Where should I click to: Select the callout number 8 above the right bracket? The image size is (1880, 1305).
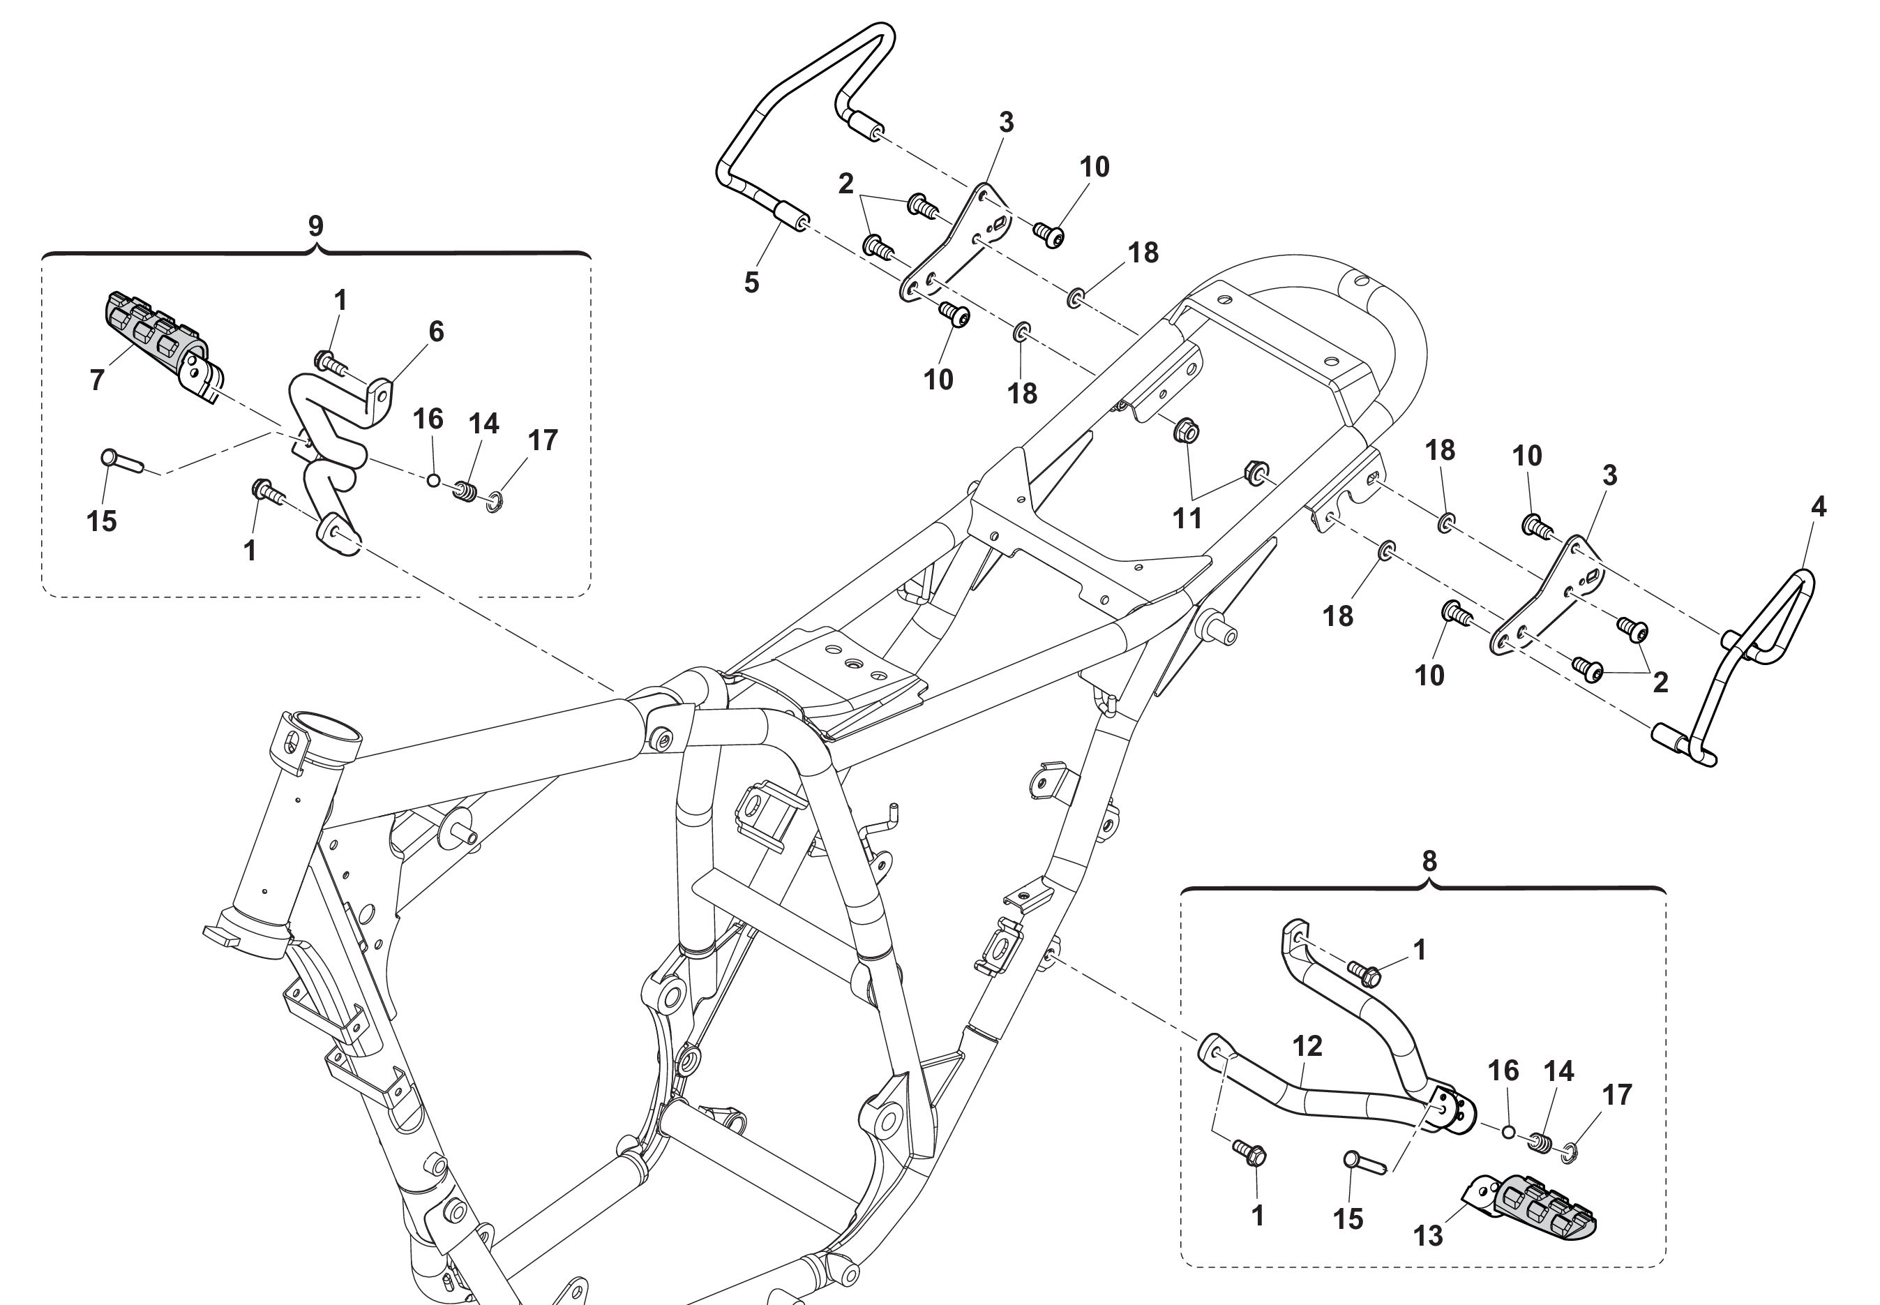click(1428, 861)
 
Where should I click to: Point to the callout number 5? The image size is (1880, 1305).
click(751, 283)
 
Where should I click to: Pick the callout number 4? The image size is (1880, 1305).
click(1818, 507)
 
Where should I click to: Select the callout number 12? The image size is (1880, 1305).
click(1307, 1046)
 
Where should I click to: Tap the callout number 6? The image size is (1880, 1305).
click(437, 331)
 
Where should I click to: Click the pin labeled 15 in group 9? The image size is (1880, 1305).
click(122, 461)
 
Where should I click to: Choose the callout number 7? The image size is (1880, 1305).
click(97, 380)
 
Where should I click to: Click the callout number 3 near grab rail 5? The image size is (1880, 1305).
click(1006, 122)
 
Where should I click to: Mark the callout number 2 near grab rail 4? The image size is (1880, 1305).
click(1660, 683)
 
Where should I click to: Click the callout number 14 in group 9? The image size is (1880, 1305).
click(484, 423)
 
